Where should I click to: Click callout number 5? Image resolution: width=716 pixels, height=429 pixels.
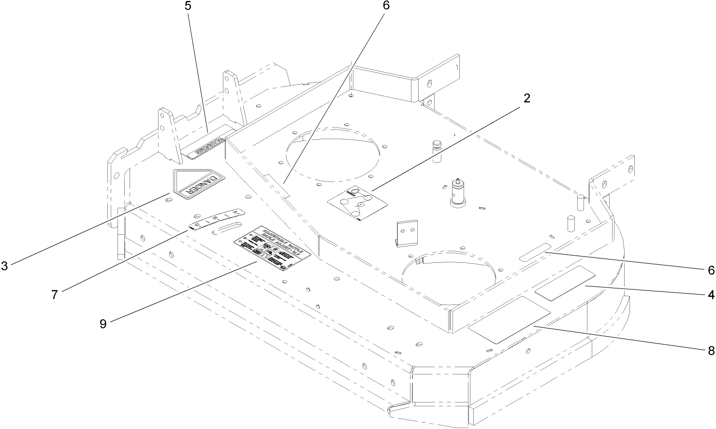click(188, 7)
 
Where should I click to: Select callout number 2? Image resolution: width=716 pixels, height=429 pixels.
click(527, 98)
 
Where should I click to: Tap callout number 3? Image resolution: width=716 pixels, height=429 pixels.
click(4, 266)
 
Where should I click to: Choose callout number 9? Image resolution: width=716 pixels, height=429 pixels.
click(103, 324)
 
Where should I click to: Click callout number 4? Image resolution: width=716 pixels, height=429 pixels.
click(711, 293)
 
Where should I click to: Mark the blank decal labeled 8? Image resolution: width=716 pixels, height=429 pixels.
click(510, 320)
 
